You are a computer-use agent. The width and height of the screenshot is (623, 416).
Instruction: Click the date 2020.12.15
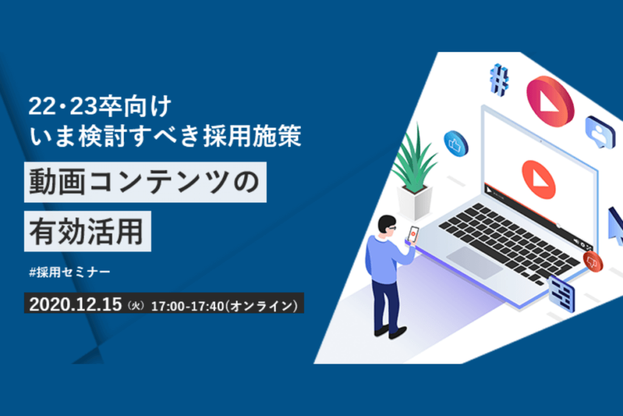point(75,305)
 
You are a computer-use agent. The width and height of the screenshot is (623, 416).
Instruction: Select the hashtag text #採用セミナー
point(69,272)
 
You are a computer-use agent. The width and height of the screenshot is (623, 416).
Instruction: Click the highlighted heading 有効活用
point(87,231)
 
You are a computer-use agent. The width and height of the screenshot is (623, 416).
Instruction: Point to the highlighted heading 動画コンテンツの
point(145,182)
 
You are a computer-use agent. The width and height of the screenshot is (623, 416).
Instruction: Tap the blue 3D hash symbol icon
point(499,80)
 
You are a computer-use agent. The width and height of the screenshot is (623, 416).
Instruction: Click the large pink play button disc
point(550,101)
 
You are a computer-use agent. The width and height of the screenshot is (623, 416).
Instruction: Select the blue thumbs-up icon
point(456,144)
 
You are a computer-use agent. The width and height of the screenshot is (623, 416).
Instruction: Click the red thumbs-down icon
point(593,262)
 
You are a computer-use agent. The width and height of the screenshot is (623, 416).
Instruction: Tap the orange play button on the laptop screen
point(538,179)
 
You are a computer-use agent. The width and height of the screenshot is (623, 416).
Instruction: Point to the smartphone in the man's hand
point(413,234)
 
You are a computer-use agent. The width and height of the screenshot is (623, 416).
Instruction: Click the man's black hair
point(386,223)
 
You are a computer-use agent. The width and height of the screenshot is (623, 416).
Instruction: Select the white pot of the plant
point(414,202)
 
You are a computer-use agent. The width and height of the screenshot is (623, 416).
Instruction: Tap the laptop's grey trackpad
point(475,262)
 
